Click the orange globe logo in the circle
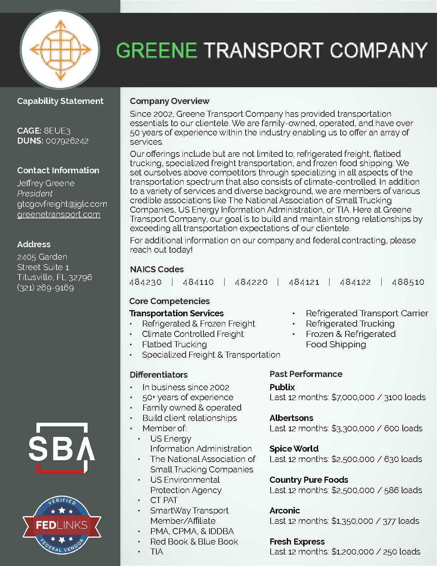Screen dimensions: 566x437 [x=60, y=50]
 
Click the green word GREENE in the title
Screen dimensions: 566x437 [x=157, y=50]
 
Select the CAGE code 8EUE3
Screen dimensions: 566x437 [x=57, y=131]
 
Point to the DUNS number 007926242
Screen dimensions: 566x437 [x=67, y=141]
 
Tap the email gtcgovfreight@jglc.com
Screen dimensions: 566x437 [x=62, y=204]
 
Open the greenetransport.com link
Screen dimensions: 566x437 [x=59, y=214]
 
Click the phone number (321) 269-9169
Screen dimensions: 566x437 [x=45, y=288]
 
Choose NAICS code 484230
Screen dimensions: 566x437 [x=145, y=282]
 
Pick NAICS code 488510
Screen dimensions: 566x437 [x=408, y=282]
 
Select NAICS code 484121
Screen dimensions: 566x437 [x=304, y=282]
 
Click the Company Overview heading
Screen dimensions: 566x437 [x=170, y=101]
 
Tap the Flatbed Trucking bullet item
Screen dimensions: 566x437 [x=174, y=344]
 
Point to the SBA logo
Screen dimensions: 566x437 [x=62, y=448]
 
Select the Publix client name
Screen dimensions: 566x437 [x=282, y=387]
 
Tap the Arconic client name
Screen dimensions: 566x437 [x=285, y=511]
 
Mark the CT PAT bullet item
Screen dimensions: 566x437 [x=164, y=500]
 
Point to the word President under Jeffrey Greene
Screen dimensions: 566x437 [x=35, y=194]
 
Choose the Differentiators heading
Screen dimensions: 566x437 [x=159, y=375]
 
